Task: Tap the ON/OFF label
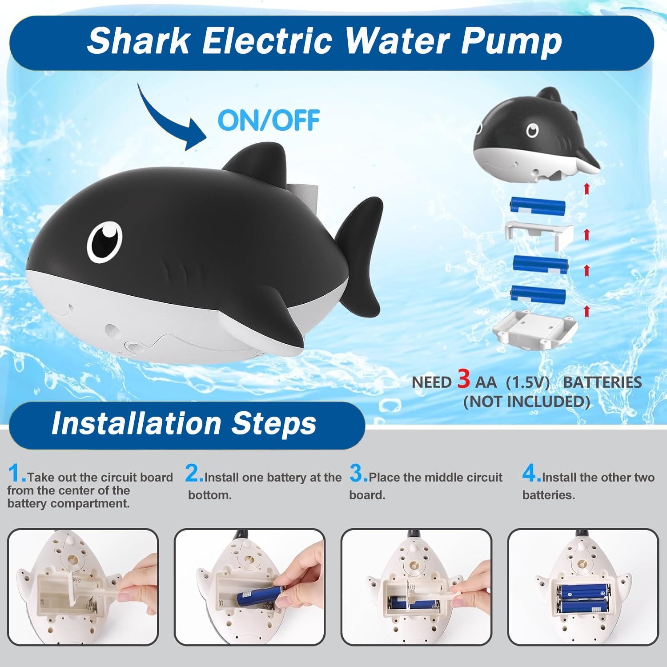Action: click(x=269, y=120)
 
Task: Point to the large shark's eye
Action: click(x=104, y=242)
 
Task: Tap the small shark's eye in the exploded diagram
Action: click(x=532, y=131)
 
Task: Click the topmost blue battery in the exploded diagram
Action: click(x=538, y=205)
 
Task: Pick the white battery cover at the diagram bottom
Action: click(x=534, y=327)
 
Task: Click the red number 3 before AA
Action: click(x=463, y=379)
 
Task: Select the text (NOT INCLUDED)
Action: click(x=526, y=402)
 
